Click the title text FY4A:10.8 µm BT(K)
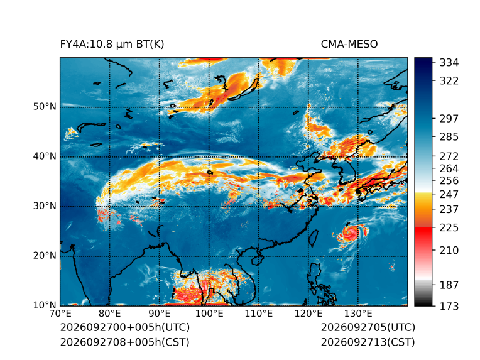click(x=112, y=45)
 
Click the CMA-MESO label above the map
click(x=349, y=45)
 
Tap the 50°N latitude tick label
click(x=45, y=107)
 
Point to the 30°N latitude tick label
click(x=45, y=205)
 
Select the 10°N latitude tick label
click(x=45, y=305)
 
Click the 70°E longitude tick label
click(x=60, y=314)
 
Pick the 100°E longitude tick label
click(x=209, y=314)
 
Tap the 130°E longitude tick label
click(x=358, y=314)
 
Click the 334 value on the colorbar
click(x=449, y=63)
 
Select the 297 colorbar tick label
click(x=449, y=119)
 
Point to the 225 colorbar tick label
click(x=449, y=228)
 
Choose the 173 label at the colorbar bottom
click(x=449, y=306)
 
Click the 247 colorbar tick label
click(x=449, y=194)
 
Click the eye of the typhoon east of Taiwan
click(x=348, y=232)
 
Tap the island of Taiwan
click(x=313, y=239)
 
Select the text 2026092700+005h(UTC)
click(x=125, y=327)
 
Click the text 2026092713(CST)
click(x=368, y=342)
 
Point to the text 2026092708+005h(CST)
click(x=124, y=342)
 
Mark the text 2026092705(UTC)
click(x=368, y=327)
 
